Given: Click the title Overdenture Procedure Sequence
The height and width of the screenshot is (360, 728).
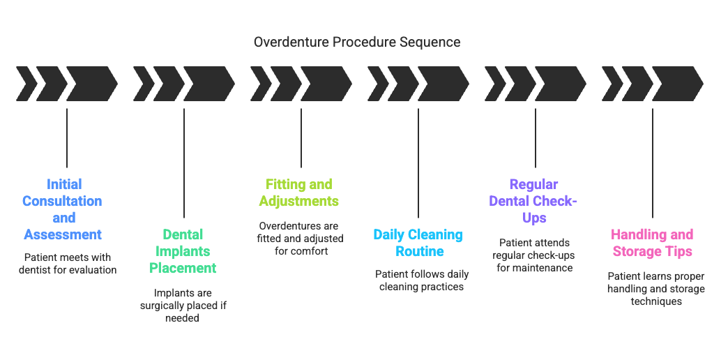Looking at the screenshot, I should (356, 42).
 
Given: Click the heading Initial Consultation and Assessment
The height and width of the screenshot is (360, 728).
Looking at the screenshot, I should (63, 209).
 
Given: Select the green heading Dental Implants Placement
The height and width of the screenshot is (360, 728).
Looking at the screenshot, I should (183, 251).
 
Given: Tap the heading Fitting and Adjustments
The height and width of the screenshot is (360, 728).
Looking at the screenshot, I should (299, 193).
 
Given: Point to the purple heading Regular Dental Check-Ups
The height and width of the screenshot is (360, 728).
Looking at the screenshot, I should (534, 201).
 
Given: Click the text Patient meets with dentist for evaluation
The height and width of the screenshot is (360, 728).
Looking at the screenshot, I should (68, 263).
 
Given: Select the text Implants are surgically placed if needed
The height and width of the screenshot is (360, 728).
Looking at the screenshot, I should (183, 305).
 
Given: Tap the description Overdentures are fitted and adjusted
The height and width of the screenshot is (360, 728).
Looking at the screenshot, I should (299, 238).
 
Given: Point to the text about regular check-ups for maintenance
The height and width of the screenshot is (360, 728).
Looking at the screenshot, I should (534, 255).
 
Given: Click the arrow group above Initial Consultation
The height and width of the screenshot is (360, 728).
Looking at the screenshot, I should (67, 84).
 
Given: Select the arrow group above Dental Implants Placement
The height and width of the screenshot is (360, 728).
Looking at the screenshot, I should (184, 84).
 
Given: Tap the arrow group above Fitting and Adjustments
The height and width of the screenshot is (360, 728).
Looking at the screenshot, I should (301, 84).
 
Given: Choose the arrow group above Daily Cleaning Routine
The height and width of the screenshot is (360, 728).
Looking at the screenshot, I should (418, 84).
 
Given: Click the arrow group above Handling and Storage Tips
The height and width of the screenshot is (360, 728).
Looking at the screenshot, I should (653, 84).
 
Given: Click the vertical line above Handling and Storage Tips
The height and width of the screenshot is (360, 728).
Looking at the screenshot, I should (653, 163).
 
